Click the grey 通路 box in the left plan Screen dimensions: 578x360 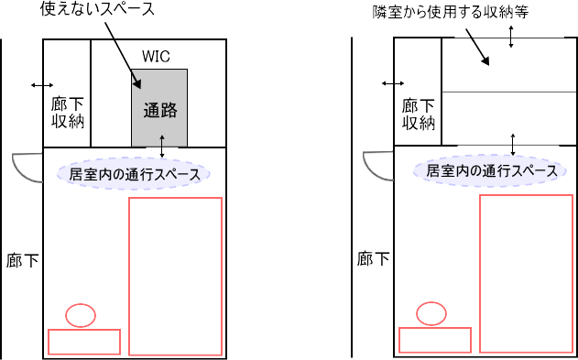tap(160, 108)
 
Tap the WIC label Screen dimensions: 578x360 tap(156, 57)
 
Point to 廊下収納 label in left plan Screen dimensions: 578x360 tap(67, 112)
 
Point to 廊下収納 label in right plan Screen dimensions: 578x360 tap(418, 112)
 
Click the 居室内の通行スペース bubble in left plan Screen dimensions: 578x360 tap(135, 173)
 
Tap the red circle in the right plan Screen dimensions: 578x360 tap(431, 313)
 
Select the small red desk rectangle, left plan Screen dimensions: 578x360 tap(84, 342)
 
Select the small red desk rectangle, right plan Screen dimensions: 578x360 tap(435, 340)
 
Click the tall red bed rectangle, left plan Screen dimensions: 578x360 tap(176, 276)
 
